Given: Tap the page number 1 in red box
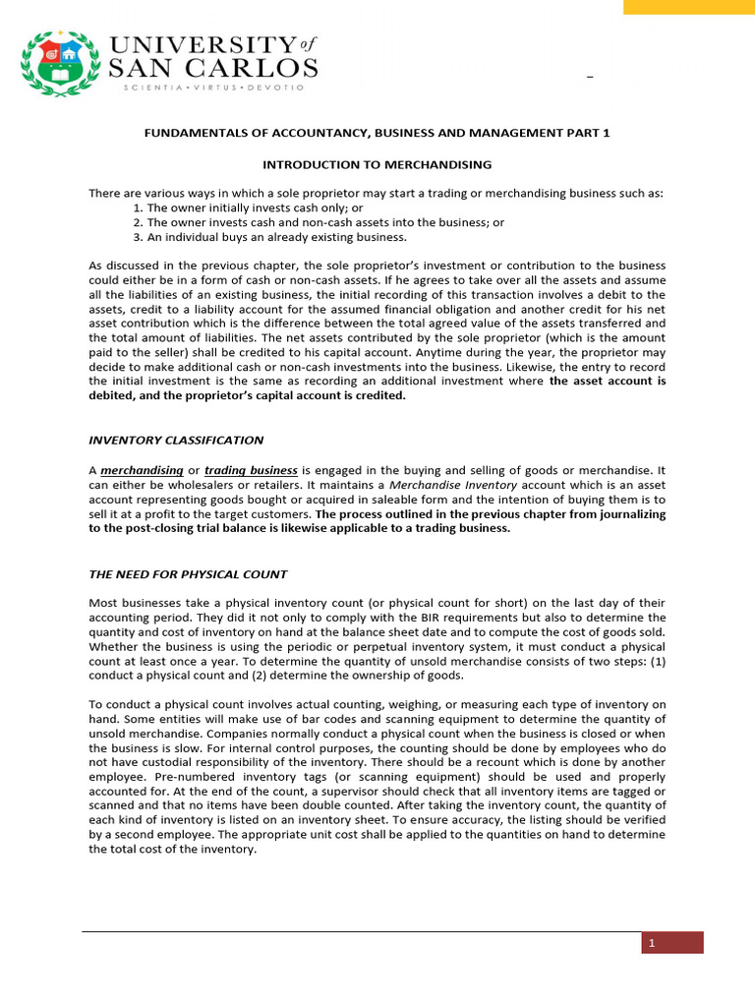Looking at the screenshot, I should [650, 944].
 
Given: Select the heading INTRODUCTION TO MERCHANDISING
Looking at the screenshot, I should [377, 164].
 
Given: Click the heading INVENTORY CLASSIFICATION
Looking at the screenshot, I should [176, 440].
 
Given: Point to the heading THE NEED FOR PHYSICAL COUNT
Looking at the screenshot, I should [188, 574].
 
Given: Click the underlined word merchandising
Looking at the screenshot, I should [142, 471].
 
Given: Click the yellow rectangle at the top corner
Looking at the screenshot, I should [689, 7].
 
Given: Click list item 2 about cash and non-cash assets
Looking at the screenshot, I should [318, 222].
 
